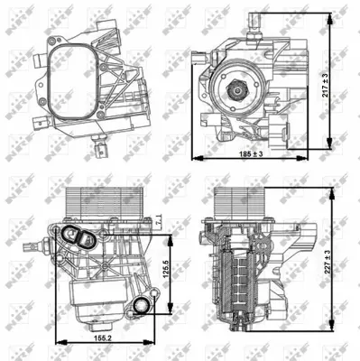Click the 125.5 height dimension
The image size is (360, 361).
(165, 272)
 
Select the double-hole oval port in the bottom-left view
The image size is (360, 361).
(83, 239)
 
